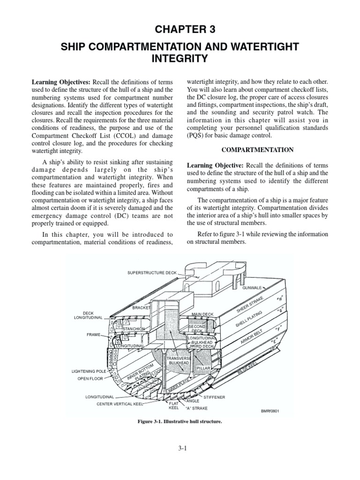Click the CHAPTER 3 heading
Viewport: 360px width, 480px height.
[180, 29]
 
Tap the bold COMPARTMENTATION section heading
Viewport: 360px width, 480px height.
[267, 150]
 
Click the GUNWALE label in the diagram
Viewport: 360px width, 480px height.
[252, 287]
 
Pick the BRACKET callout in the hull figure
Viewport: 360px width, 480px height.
[141, 307]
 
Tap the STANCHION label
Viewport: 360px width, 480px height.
[134, 329]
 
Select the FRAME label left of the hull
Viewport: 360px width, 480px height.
[94, 335]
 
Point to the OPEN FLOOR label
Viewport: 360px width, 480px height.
[90, 379]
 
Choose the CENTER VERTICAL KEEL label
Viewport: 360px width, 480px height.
[118, 403]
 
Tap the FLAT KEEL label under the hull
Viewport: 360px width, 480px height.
[173, 405]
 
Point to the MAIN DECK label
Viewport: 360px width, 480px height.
[202, 314]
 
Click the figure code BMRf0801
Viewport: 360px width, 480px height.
[270, 411]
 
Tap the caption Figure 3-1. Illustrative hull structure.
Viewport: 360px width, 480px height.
[179, 421]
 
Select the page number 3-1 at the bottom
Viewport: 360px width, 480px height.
[180, 449]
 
